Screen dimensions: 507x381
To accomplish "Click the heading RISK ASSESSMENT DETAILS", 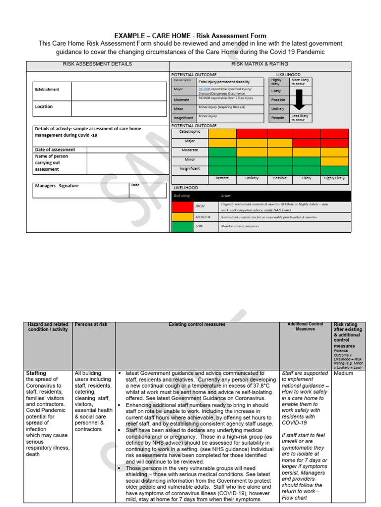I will click(97, 64).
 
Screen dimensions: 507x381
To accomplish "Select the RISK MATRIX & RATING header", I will click(259, 64).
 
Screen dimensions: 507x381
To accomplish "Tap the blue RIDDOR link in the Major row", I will click(204, 89).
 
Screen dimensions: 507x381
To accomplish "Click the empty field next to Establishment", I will click(118, 91).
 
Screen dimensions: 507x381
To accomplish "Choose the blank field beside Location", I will click(118, 107).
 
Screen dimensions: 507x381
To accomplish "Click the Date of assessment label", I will click(55, 150).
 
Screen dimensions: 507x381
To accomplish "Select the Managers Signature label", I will click(57, 186).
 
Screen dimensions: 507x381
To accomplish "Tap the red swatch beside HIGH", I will click(182, 206).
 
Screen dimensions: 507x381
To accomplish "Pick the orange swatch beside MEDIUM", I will click(182, 217).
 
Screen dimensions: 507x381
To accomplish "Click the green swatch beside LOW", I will click(182, 226).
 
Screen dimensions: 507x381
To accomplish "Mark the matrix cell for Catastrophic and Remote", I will click(222, 133).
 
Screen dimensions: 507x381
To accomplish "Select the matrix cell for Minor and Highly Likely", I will click(334, 161).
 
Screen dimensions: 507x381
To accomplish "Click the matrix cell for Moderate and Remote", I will click(222, 152).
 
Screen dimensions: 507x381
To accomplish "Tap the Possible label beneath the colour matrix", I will click(280, 178).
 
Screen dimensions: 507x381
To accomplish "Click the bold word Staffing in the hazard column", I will click(36, 373).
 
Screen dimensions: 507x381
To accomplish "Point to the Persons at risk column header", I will click(91, 325).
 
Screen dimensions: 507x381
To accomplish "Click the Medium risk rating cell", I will click(343, 373).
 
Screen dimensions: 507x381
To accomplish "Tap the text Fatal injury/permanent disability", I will click(224, 82).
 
